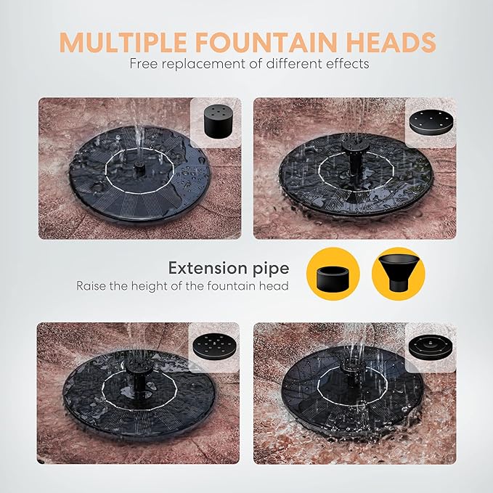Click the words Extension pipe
tap(228, 268)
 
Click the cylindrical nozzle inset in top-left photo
tap(215, 121)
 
